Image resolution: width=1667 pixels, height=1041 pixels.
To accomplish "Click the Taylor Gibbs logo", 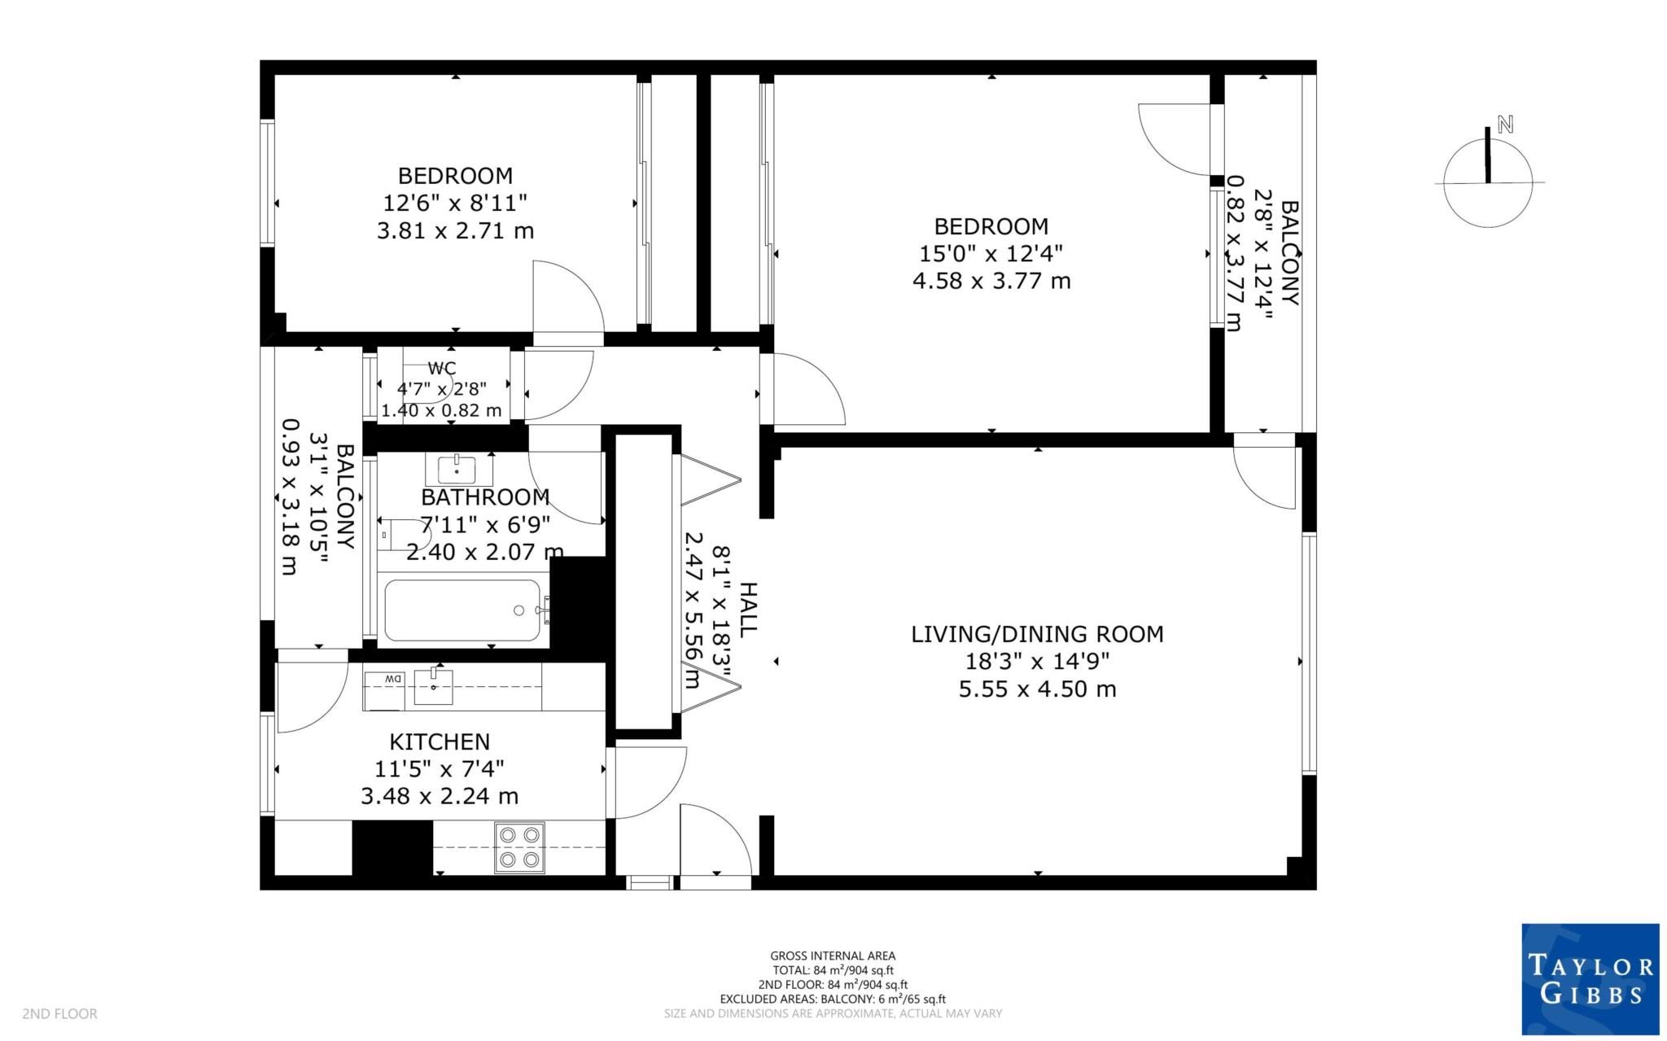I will [x=1590, y=979].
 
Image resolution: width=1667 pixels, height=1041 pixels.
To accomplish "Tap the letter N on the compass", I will [x=1505, y=125].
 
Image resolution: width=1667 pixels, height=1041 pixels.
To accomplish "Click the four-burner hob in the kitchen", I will [x=520, y=847].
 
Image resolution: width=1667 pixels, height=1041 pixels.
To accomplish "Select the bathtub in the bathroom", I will [x=462, y=610].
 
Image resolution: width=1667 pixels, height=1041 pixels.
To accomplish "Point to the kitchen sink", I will [x=433, y=686].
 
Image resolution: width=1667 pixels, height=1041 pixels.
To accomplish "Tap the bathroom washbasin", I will [x=458, y=470].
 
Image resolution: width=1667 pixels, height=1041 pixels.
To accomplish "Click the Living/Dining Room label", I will [x=1037, y=634].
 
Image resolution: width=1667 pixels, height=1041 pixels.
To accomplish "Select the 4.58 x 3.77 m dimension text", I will [x=991, y=282].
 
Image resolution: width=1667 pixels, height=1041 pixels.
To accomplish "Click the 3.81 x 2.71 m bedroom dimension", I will [x=455, y=231].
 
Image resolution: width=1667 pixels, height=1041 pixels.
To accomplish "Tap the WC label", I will [x=442, y=369].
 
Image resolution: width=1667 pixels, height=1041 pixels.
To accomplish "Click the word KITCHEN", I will [x=440, y=742].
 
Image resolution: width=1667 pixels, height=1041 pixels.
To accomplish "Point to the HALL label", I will [x=746, y=609].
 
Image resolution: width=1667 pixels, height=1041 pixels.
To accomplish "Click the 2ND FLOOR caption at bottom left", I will [x=59, y=1014].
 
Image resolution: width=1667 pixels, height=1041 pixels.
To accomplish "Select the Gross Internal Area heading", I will [x=833, y=956].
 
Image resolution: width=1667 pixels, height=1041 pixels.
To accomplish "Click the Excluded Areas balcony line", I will [x=833, y=999].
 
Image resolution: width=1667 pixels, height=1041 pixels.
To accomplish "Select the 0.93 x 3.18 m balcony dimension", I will [x=288, y=496].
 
